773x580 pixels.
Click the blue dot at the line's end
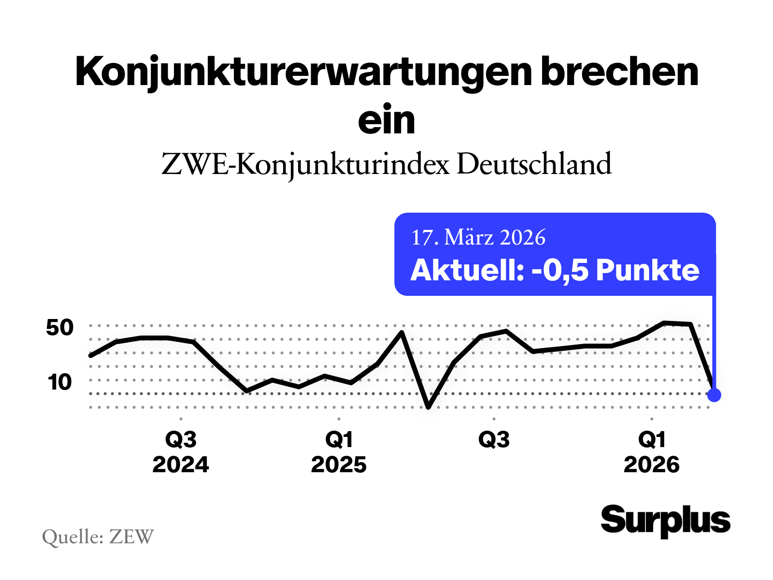[x=714, y=395]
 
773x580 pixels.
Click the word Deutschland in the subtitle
[x=534, y=164]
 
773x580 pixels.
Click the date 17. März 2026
[x=478, y=237]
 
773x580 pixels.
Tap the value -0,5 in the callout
[x=560, y=270]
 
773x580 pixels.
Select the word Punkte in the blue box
[x=647, y=270]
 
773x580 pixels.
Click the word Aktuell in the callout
[x=466, y=270]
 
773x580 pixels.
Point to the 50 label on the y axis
[x=60, y=328]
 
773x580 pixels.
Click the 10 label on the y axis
[x=60, y=382]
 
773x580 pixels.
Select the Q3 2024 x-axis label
[x=181, y=452]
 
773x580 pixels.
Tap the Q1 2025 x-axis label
[x=339, y=452]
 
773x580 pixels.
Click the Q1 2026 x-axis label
[x=652, y=452]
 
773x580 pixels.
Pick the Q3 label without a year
[x=494, y=440]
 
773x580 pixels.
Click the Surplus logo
[x=665, y=521]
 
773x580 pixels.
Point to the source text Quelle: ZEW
[x=98, y=536]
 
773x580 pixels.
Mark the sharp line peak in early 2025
[x=401, y=333]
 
